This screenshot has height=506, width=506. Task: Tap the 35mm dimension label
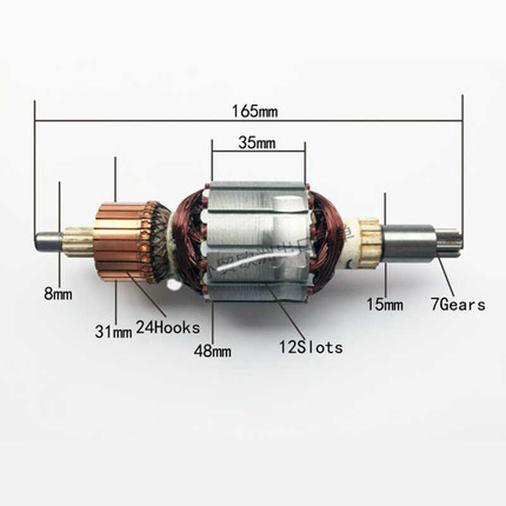tap(257, 142)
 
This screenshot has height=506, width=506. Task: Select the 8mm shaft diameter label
tap(58, 293)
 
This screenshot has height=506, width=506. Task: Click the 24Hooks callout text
tap(168, 328)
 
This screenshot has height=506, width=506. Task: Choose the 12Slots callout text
tap(311, 347)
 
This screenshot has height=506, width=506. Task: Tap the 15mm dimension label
tap(385, 305)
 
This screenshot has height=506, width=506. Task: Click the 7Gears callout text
tap(458, 305)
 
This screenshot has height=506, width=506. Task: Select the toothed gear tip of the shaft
tap(449, 242)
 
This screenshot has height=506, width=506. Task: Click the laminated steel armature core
tap(256, 240)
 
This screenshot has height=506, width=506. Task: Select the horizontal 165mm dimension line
tap(158, 120)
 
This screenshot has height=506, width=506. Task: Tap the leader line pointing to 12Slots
tap(288, 313)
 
